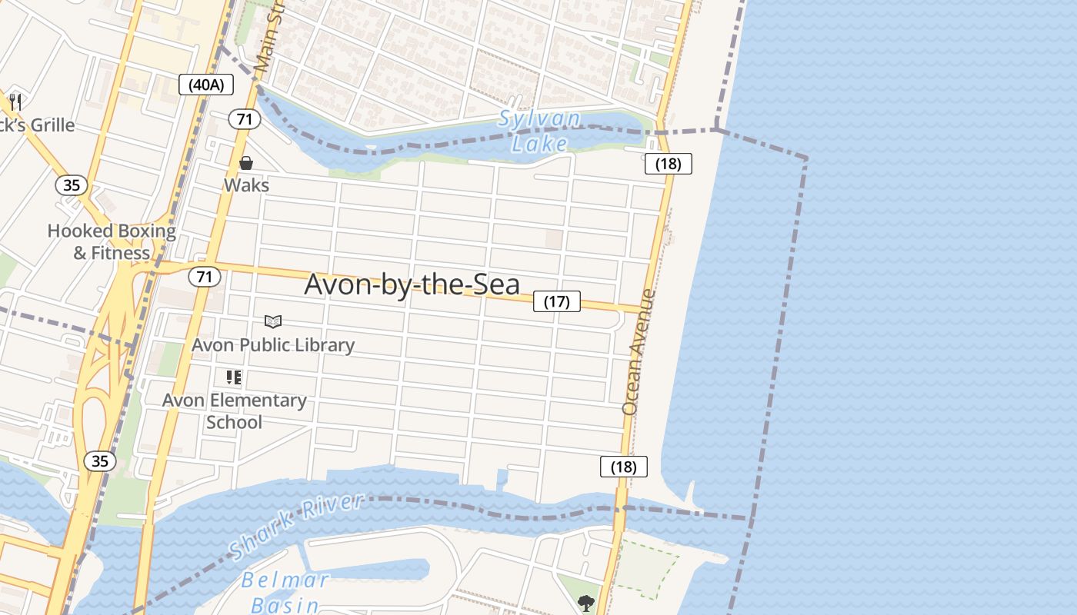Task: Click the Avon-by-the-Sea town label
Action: tap(412, 284)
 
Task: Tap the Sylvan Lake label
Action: tap(539, 131)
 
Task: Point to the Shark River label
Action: tap(296, 527)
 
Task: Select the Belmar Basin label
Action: tap(285, 591)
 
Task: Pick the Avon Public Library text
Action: tap(273, 345)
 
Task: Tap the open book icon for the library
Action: tap(273, 321)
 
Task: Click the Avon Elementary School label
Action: tap(234, 411)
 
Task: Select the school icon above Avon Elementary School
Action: tap(234, 377)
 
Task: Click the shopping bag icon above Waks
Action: tap(246, 163)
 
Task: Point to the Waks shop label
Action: tap(246, 185)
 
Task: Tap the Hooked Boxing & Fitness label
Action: tap(112, 241)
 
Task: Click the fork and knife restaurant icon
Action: tap(15, 101)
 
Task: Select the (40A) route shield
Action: tap(206, 85)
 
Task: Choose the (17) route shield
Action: tap(557, 301)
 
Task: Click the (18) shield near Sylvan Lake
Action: tap(668, 164)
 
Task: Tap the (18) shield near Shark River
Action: tap(623, 467)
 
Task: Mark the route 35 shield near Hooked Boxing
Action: tap(71, 184)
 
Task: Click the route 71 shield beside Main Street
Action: tap(245, 119)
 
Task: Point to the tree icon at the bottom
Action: tap(586, 603)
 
